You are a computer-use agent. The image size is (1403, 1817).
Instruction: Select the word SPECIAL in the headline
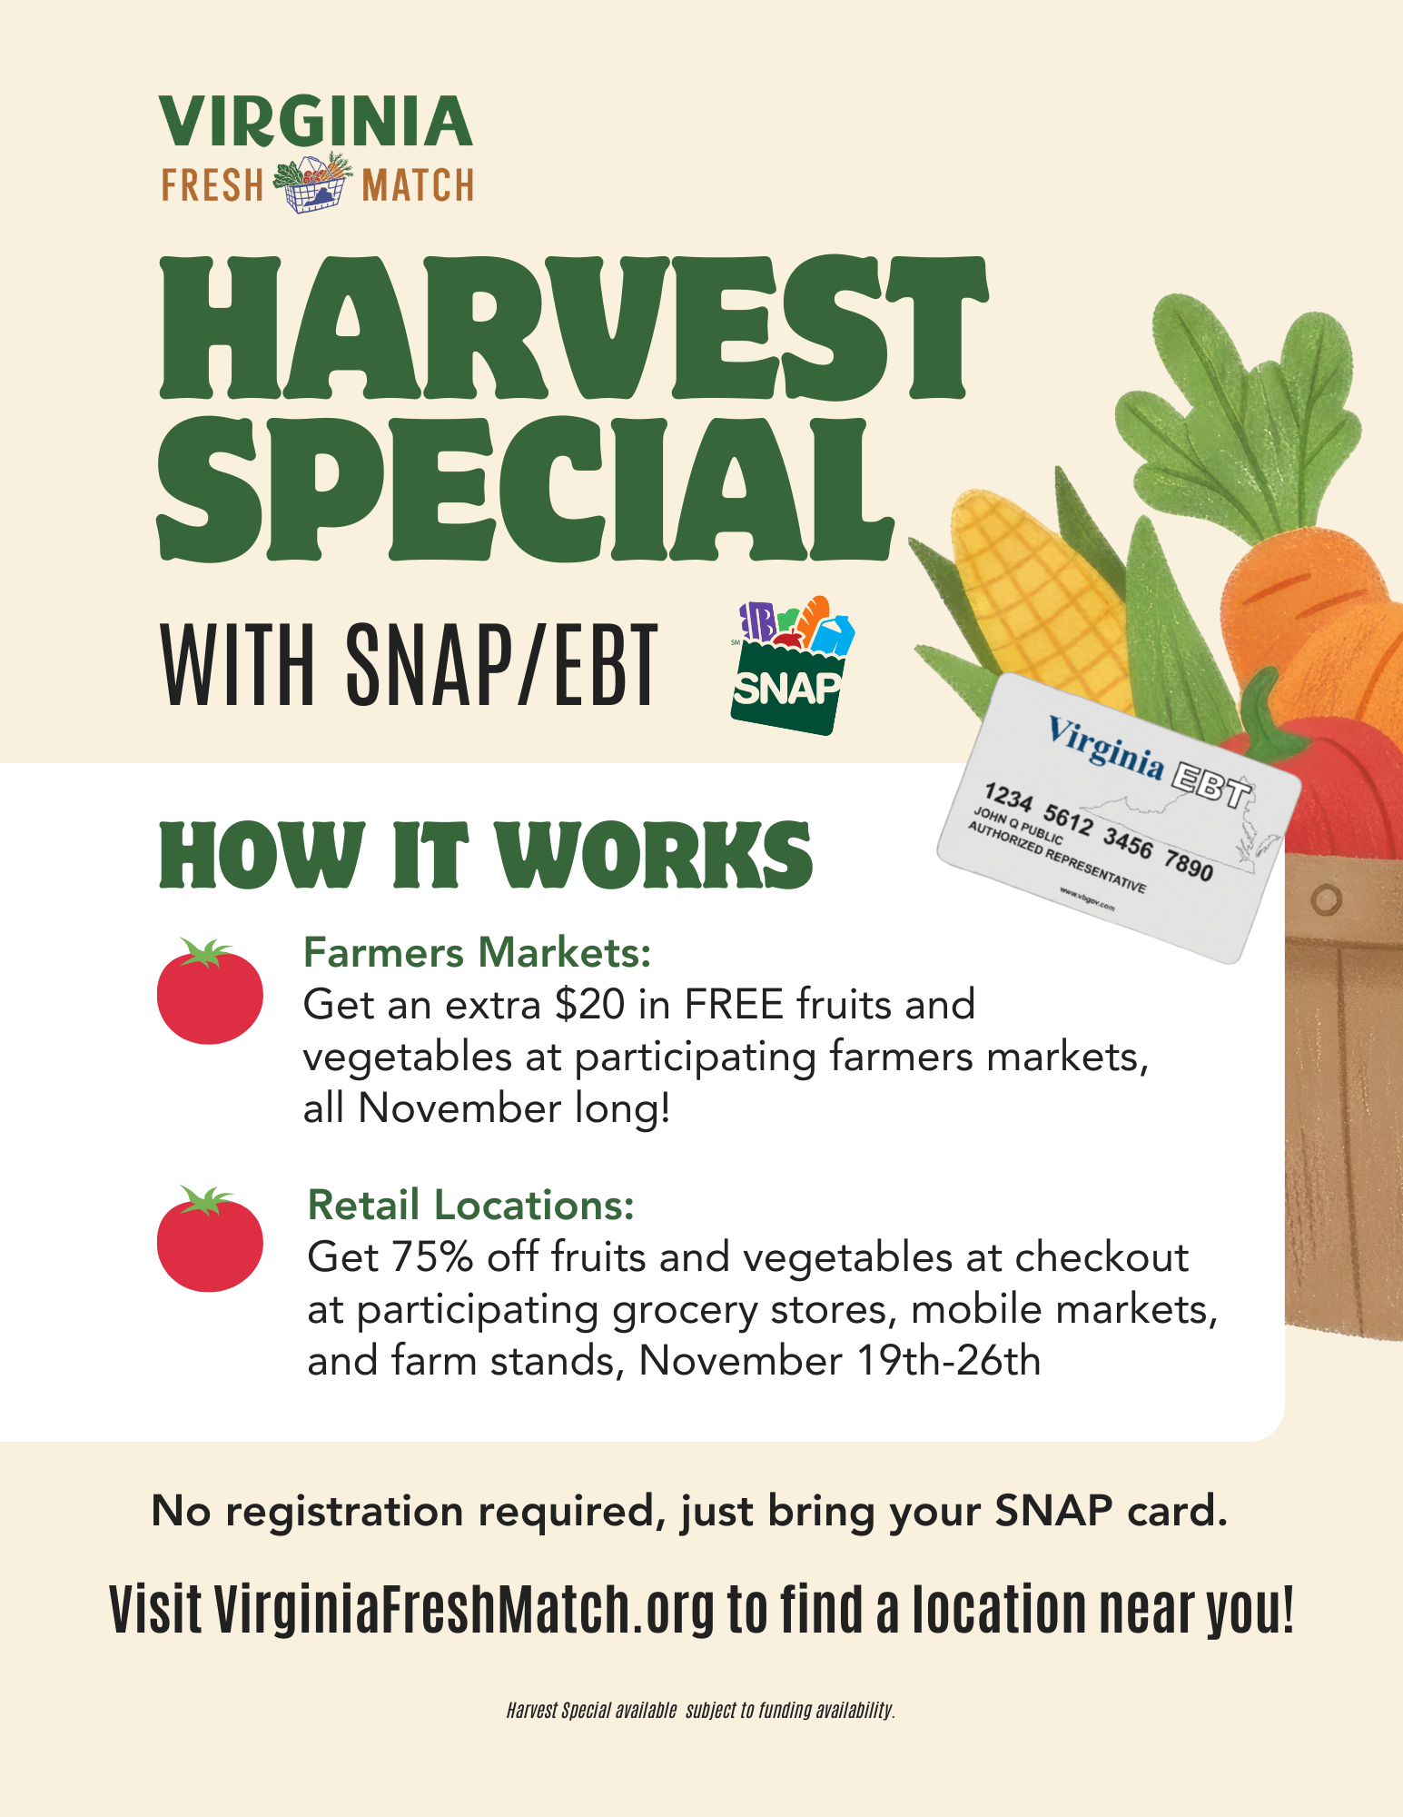click(x=525, y=489)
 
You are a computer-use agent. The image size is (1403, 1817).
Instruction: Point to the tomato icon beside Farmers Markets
click(x=210, y=991)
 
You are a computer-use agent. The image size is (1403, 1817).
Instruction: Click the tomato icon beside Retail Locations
click(x=210, y=1239)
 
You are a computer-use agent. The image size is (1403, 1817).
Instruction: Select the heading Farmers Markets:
click(x=478, y=953)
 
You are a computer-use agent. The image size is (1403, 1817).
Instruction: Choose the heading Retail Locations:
click(x=471, y=1206)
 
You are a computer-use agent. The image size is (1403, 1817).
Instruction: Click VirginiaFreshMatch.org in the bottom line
click(x=465, y=1611)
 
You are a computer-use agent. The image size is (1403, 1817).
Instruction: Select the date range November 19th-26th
click(x=840, y=1361)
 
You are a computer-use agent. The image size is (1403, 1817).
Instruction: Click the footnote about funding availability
click(x=701, y=1711)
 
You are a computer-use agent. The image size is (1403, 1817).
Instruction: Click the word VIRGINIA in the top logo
click(x=316, y=122)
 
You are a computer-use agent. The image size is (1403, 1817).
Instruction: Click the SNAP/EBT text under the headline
click(x=500, y=665)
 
